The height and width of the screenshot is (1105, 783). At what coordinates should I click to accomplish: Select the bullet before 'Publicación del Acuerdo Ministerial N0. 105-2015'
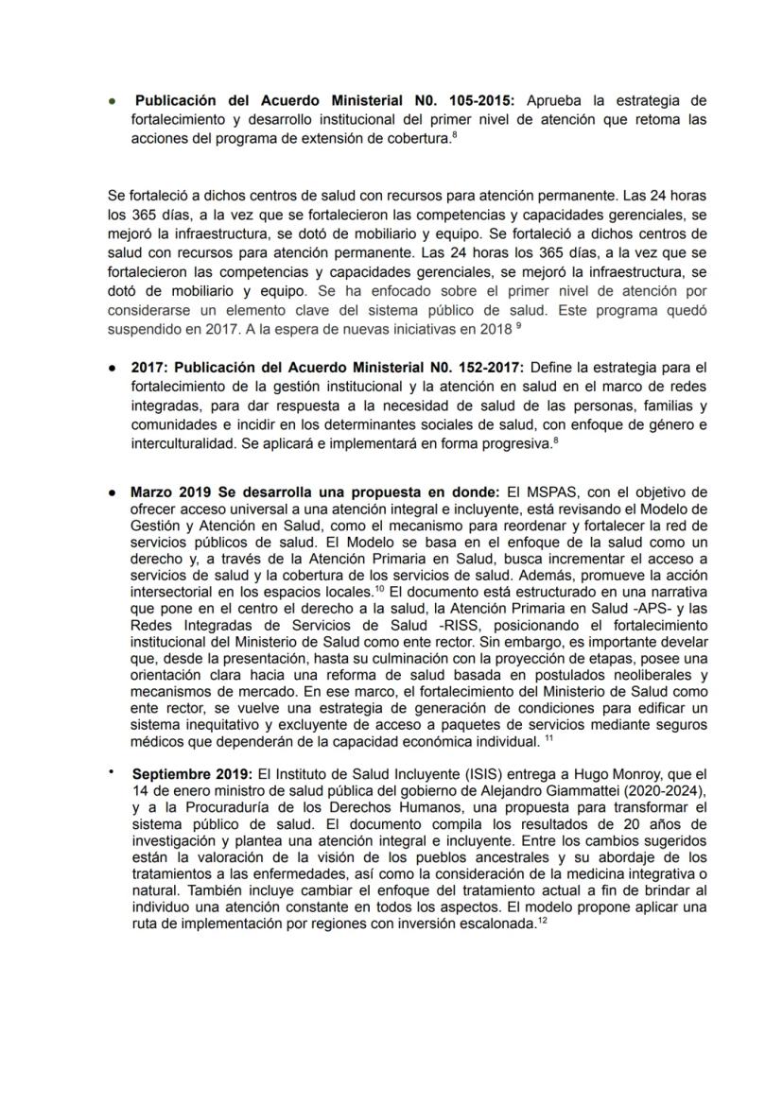click(x=113, y=100)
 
